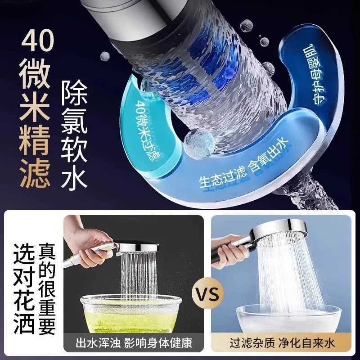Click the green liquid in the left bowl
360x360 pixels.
(128, 319)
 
